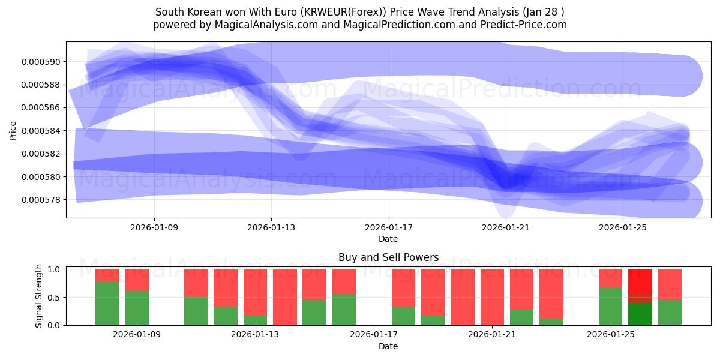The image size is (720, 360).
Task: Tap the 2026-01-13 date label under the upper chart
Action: (271, 227)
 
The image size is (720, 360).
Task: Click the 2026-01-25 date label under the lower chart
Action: (611, 335)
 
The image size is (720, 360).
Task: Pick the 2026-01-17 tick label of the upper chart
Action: (389, 227)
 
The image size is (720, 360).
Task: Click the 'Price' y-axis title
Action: (13, 130)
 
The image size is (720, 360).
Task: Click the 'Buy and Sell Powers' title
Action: (388, 257)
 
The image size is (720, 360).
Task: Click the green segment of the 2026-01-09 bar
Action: (137, 308)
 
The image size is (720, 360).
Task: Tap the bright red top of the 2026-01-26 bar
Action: (640, 281)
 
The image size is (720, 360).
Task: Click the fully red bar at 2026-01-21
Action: (492, 297)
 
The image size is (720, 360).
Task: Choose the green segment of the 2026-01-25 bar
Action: (610, 306)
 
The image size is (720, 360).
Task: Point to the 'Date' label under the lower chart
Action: (388, 346)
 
